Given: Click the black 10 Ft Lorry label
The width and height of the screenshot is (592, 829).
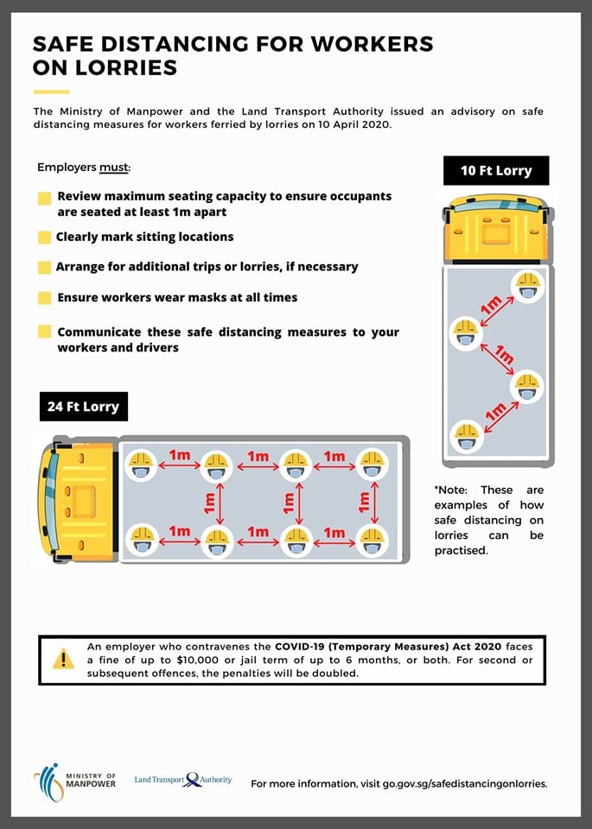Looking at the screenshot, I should coord(495,170).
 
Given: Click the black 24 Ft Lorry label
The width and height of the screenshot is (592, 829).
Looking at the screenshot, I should coord(83,406).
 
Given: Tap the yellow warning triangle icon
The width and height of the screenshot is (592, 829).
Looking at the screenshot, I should coord(63,659).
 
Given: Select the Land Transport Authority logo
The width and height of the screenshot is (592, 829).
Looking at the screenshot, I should coord(183,779).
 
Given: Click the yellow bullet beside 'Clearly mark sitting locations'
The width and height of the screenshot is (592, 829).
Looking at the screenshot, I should coord(44,237).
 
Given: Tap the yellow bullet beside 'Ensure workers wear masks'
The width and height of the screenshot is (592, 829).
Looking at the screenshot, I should coord(44,298).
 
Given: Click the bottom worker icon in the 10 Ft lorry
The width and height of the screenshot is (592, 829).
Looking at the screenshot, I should coord(467,434).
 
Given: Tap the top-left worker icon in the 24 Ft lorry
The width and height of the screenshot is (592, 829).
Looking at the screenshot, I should coord(142,465).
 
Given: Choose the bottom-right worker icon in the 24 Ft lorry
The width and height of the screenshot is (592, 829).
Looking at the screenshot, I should coord(372,541).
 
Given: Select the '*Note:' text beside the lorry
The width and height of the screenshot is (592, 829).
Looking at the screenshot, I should coord(452,490).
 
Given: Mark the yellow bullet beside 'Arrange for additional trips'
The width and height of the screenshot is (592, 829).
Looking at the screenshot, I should coord(44,268).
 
